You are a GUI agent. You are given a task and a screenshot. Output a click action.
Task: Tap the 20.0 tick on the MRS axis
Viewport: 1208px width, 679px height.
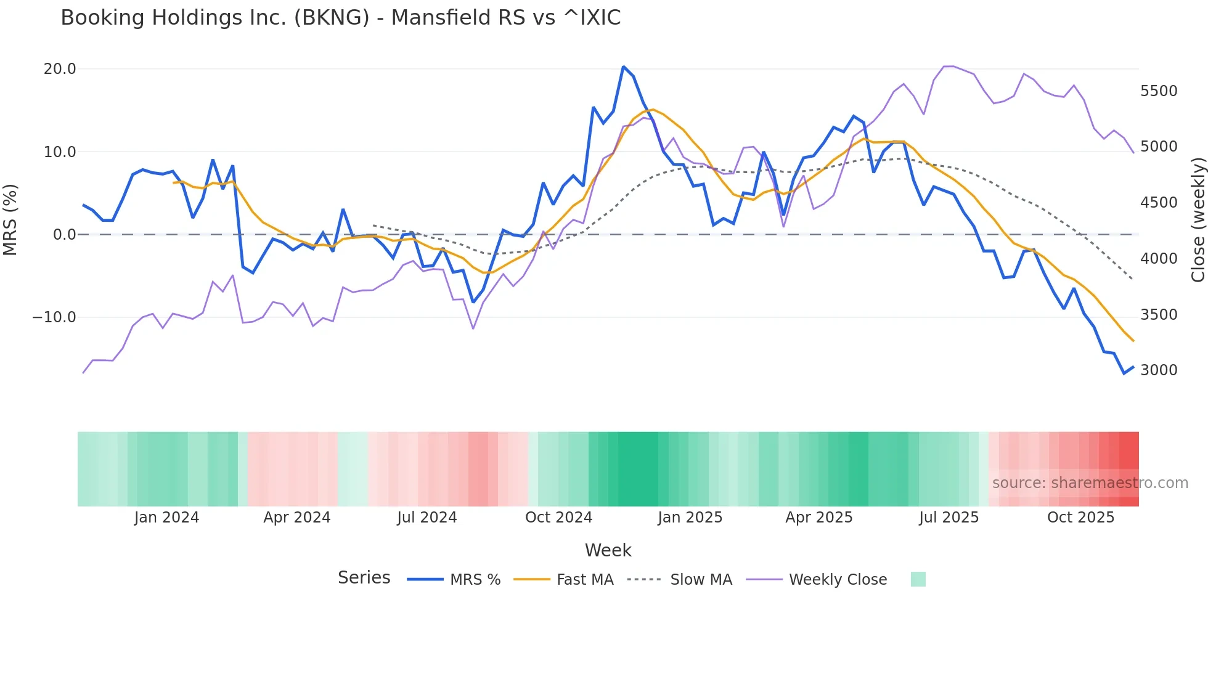click(60, 69)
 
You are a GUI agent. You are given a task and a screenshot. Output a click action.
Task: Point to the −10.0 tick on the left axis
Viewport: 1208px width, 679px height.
click(55, 317)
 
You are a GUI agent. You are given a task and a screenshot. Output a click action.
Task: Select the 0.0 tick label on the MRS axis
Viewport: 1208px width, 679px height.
click(65, 235)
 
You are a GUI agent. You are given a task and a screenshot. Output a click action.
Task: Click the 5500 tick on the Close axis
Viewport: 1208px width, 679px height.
click(1159, 91)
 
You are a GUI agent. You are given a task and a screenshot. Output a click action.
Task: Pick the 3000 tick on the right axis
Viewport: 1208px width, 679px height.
click(1159, 370)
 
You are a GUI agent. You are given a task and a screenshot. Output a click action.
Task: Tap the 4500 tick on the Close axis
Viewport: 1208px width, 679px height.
click(1159, 203)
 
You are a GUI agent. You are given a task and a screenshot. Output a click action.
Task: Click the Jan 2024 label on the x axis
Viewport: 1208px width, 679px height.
click(166, 518)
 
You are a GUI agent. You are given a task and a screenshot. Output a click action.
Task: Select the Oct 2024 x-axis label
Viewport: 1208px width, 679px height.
click(558, 518)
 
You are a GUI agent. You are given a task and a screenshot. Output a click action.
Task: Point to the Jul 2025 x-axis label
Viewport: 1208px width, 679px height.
click(949, 518)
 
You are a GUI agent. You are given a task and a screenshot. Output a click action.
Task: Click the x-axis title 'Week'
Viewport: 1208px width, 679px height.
click(608, 550)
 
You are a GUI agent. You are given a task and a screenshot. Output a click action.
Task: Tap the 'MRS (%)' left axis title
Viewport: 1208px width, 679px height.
click(10, 219)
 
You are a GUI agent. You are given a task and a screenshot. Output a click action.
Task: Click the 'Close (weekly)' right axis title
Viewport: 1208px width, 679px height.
click(1198, 220)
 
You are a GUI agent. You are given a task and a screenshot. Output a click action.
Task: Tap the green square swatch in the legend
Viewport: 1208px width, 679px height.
click(918, 579)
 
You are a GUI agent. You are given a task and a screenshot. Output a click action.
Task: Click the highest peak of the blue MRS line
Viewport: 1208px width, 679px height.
click(624, 67)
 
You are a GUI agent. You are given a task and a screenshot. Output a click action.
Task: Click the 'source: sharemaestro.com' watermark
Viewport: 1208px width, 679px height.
click(1090, 483)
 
